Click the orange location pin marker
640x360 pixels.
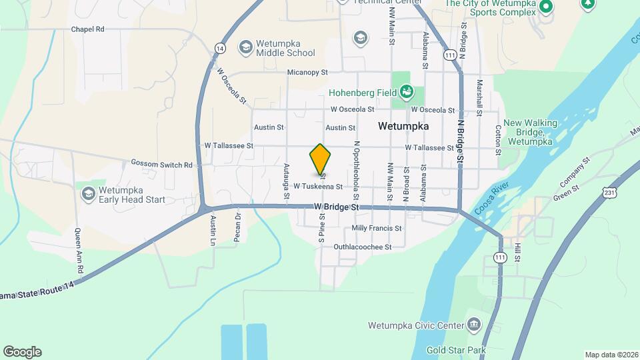(x=321, y=159)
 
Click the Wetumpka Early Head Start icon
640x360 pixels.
(x=87, y=193)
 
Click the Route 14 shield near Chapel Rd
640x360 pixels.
(x=219, y=47)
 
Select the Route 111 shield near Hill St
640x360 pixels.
(x=500, y=257)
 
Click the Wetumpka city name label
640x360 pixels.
(x=403, y=125)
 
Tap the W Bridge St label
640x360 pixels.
(x=337, y=207)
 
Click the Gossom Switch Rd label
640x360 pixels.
(x=161, y=164)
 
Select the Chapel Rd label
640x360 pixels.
(x=88, y=29)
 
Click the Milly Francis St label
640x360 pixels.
(x=377, y=228)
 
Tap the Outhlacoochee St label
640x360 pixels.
(x=362, y=247)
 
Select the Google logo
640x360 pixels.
(x=22, y=352)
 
